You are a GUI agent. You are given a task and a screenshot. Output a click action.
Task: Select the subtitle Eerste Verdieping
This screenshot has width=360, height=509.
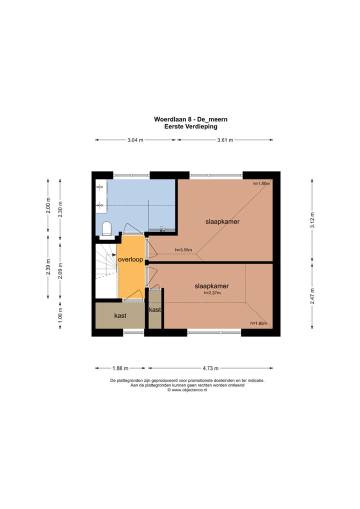(x=190, y=126)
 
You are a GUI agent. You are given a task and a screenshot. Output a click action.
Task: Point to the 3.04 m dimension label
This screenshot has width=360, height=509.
(x=135, y=140)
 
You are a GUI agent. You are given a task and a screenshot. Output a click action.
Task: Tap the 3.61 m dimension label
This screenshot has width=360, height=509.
(x=225, y=140)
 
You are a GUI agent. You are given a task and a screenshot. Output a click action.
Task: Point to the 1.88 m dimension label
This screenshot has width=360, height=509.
(x=120, y=368)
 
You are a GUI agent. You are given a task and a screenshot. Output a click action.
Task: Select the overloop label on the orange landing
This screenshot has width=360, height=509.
(x=131, y=260)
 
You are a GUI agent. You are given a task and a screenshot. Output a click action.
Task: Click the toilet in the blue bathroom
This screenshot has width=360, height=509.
(x=106, y=228)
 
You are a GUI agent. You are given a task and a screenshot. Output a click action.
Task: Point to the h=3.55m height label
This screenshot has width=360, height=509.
(x=183, y=250)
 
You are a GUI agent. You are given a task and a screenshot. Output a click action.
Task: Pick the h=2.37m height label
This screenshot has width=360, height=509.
(x=212, y=293)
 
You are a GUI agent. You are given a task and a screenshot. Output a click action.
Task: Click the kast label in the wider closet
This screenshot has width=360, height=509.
(x=120, y=316)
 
